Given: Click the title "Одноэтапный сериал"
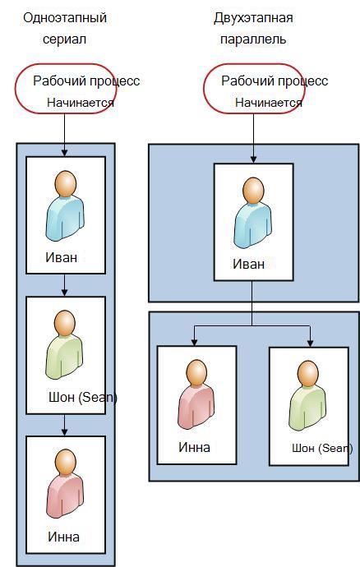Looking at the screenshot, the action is pos(65,28).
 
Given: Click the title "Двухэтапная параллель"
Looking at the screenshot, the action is pos(253,28).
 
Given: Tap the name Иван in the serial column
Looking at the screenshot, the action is pos(61,257).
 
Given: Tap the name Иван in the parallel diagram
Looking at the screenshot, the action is pos(248,264).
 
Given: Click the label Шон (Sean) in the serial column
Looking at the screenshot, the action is pos(83,398).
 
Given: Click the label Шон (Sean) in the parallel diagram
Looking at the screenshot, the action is pos(322,449).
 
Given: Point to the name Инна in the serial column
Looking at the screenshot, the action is pos(63,537).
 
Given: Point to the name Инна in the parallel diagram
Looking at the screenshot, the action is pos(194,447).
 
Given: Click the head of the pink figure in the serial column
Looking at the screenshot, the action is pos(66,463).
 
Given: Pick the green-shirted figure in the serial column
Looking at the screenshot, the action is pos(65,344).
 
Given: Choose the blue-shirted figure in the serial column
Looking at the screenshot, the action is pos(65,205).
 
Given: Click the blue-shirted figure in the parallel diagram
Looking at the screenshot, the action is pos(253,213).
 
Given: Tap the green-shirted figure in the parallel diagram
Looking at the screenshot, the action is pos(308,395).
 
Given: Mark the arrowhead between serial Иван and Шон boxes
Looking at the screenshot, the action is pos(64,293).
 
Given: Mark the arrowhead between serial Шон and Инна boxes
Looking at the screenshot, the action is pos(64,431).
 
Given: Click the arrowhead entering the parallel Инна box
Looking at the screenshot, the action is pos(194,342).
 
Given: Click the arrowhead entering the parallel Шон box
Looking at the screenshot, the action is pos(310,343).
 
